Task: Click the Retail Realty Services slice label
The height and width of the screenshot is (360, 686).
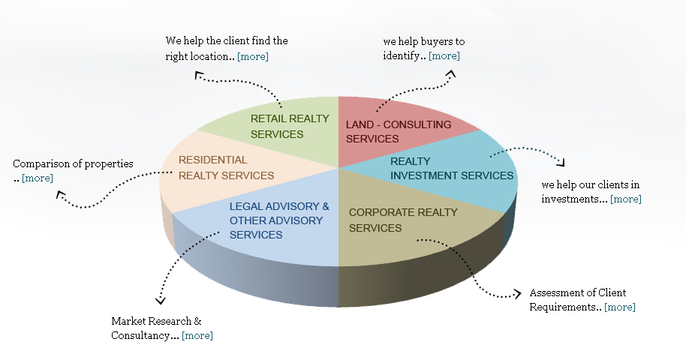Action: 278,126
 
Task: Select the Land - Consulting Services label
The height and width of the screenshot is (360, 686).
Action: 398,131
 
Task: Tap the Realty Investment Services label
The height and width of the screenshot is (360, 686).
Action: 452,169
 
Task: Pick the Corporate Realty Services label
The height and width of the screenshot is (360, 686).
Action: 403,220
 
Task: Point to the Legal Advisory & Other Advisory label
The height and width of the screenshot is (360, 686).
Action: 279,220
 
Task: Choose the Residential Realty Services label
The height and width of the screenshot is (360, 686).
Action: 226,167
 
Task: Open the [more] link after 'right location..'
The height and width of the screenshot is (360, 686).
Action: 253,56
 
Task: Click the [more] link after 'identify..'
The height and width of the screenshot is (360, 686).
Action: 444,55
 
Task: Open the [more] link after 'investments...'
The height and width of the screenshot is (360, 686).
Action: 626,199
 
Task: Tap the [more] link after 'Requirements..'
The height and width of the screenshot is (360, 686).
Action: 620,307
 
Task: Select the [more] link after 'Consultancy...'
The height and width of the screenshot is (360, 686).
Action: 197,335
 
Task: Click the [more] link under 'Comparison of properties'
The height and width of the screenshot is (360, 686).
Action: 38,178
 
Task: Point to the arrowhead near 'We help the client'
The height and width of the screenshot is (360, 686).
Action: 198,74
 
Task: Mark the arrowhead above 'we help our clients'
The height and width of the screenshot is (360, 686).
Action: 560,161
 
